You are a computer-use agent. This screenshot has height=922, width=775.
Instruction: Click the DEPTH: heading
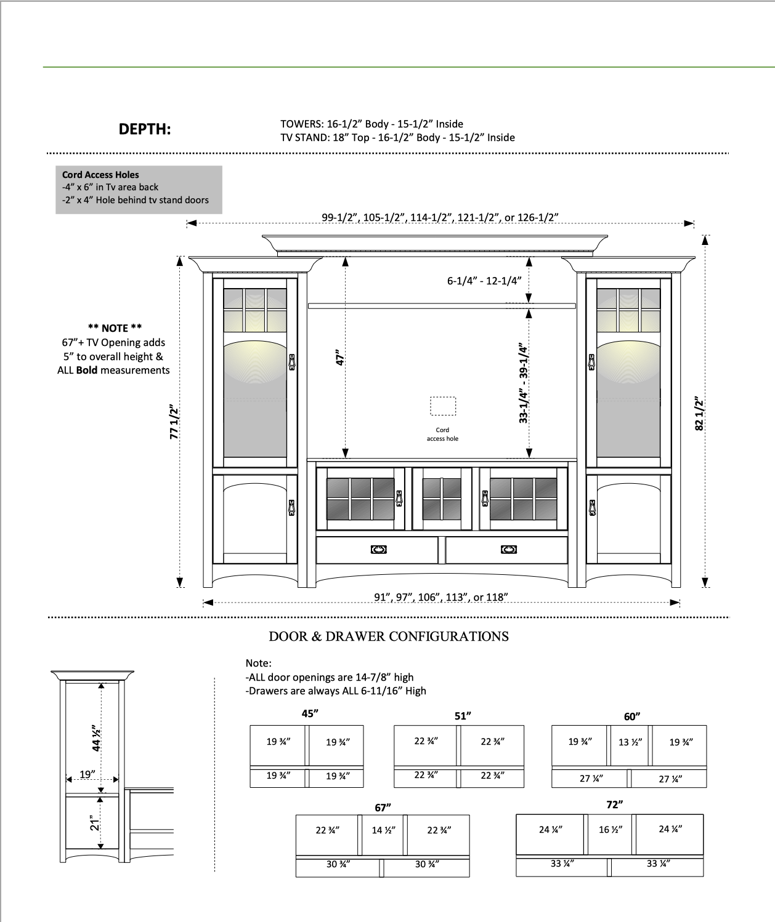pyautogui.click(x=144, y=129)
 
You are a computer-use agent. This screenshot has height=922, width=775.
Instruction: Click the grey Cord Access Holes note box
pyautogui.click(x=138, y=190)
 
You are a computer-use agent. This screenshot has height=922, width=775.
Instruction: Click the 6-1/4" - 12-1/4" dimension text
pyautogui.click(x=484, y=281)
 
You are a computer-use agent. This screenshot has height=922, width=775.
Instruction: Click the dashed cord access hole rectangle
pyautogui.click(x=442, y=407)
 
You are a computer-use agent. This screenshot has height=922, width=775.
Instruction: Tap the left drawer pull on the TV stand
pyautogui.click(x=378, y=550)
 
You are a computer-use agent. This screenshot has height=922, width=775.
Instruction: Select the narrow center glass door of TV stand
pyautogui.click(x=442, y=498)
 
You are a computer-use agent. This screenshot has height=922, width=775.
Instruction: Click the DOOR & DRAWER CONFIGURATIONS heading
pyautogui.click(x=389, y=636)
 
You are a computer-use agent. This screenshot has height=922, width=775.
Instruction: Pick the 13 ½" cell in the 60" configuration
pyautogui.click(x=630, y=742)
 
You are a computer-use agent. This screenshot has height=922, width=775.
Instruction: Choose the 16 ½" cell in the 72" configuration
pyautogui.click(x=610, y=830)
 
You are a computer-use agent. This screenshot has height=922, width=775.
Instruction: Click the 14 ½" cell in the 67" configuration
pyautogui.click(x=383, y=830)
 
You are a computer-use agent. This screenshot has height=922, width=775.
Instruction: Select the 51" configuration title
pyautogui.click(x=463, y=716)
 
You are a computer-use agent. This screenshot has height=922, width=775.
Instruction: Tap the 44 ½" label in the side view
pyautogui.click(x=96, y=739)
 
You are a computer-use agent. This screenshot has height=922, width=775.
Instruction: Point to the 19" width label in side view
pyautogui.click(x=87, y=774)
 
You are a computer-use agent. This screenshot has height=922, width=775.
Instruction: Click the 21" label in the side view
pyautogui.click(x=94, y=823)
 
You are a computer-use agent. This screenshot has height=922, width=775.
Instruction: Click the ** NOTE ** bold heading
pyautogui.click(x=115, y=328)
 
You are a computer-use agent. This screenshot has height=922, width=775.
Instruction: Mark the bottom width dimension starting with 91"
pyautogui.click(x=440, y=597)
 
